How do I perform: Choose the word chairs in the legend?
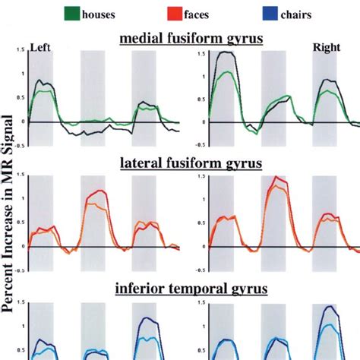302,13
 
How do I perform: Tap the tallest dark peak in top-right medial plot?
226,52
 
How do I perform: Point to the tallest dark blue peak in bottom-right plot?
329,307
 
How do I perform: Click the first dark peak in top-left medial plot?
40,81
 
